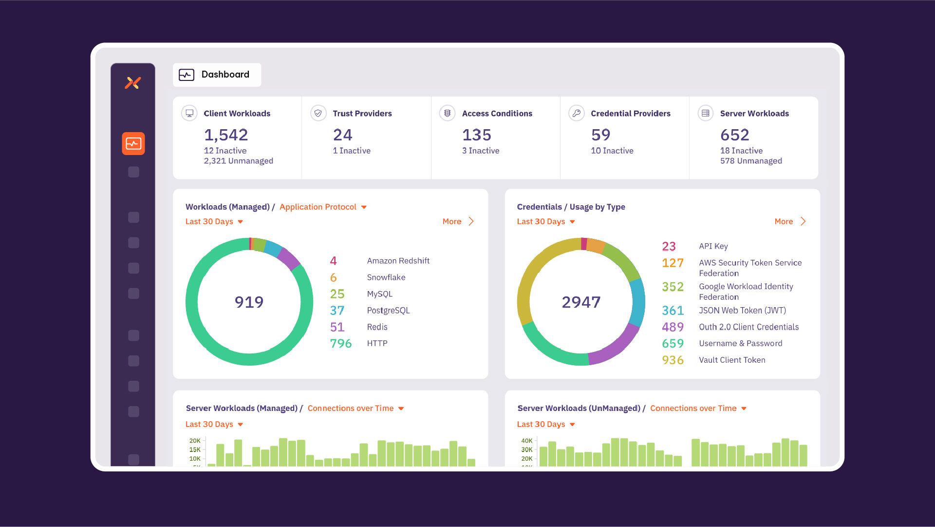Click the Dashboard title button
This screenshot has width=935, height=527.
pyautogui.click(x=217, y=75)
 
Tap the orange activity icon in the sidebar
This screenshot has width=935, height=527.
pyautogui.click(x=133, y=143)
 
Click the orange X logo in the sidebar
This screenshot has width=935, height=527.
pyautogui.click(x=132, y=83)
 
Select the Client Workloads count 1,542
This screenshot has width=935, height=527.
pyautogui.click(x=226, y=135)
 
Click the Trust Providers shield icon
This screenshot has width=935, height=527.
pyautogui.click(x=318, y=113)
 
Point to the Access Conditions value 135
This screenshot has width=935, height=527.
pyautogui.click(x=476, y=135)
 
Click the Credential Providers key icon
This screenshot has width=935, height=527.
pyautogui.click(x=576, y=113)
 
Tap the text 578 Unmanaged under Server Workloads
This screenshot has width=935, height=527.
pyautogui.click(x=751, y=161)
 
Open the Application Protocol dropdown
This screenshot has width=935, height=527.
pyautogui.click(x=323, y=207)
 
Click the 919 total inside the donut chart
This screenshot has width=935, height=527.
pyautogui.click(x=249, y=302)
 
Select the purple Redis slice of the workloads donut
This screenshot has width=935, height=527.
pyautogui.click(x=289, y=259)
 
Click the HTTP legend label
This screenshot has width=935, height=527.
pyautogui.click(x=377, y=343)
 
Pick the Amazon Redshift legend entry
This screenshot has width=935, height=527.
pyautogui.click(x=398, y=261)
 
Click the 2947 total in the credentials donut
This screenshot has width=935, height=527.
pyautogui.click(x=581, y=302)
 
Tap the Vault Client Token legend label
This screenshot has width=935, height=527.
pyautogui.click(x=732, y=360)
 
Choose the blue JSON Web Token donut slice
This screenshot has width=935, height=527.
pyautogui.click(x=637, y=302)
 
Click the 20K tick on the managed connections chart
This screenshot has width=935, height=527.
pyautogui.click(x=195, y=441)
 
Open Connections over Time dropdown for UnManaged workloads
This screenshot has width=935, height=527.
pyautogui.click(x=698, y=409)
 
